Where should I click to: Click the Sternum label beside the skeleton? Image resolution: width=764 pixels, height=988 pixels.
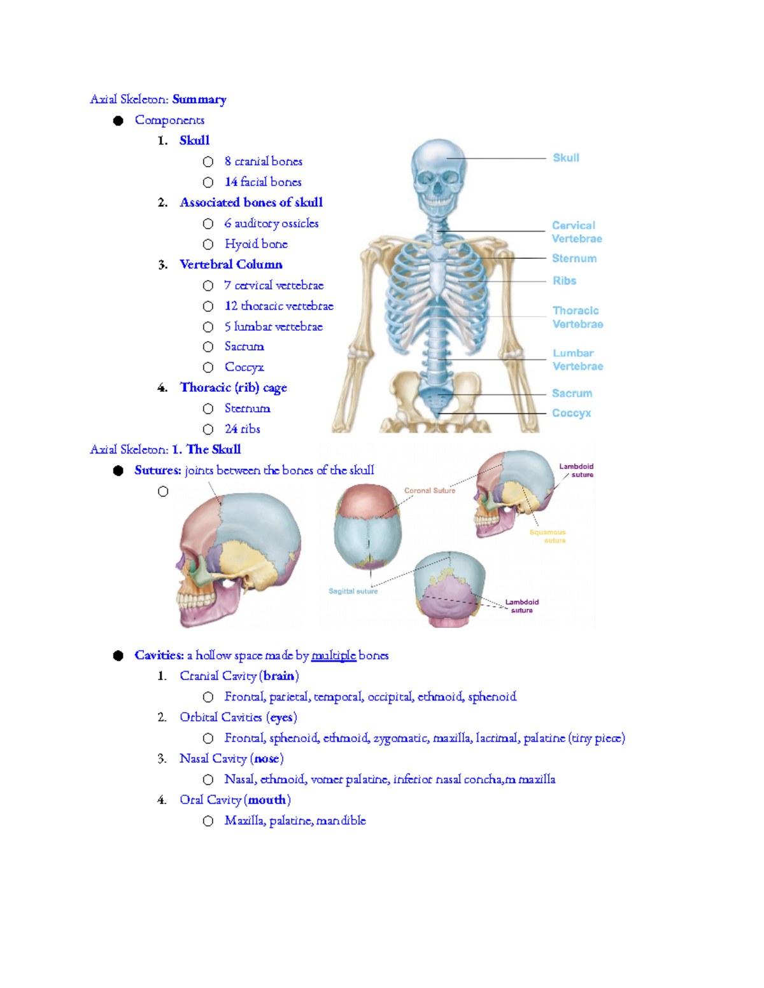(574, 258)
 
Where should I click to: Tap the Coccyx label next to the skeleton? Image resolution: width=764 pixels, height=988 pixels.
(571, 413)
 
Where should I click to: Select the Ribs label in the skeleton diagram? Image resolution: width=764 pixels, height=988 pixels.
(564, 281)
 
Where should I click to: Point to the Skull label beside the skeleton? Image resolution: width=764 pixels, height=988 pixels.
(565, 158)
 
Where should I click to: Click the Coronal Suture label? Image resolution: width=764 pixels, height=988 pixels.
(430, 491)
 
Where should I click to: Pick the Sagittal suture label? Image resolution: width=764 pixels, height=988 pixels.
(353, 591)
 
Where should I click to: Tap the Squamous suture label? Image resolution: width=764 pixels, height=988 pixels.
(548, 536)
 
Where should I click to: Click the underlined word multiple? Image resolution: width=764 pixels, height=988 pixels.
(333, 655)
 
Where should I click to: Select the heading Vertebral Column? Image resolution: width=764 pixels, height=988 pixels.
(230, 264)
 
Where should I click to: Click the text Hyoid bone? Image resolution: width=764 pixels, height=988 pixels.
(256, 244)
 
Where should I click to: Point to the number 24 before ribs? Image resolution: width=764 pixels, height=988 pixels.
(231, 429)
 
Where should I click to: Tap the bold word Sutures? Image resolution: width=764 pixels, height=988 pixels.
(157, 470)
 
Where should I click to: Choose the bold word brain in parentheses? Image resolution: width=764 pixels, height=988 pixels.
(279, 676)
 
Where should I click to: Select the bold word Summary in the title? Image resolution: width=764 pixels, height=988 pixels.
(199, 99)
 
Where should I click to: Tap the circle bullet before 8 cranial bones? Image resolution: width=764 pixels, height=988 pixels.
(208, 162)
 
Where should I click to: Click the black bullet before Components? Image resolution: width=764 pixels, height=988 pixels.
(118, 120)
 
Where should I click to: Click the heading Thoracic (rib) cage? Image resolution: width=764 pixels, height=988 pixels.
(233, 387)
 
